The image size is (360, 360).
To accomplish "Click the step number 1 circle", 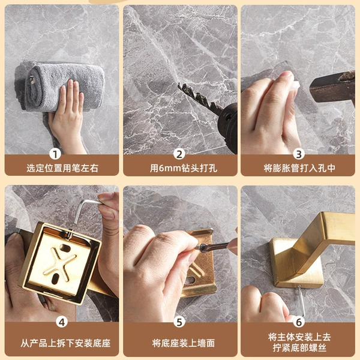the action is (55, 154).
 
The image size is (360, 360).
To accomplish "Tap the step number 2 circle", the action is (179, 154).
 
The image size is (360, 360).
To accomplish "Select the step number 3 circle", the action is (299, 154).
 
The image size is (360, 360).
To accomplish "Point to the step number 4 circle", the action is (62, 322).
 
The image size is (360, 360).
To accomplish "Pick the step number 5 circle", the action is (179, 322).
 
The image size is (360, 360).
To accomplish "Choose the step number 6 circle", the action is (299, 322).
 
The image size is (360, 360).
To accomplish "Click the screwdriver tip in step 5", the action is (199, 247).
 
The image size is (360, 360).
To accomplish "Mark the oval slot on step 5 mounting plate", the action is (191, 280).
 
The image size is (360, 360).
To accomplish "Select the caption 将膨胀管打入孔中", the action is (299, 168).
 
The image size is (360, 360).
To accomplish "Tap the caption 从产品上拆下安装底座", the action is (65, 343).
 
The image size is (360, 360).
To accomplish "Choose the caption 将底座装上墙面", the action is (183, 343).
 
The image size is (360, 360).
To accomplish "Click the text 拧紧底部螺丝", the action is (299, 348).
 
